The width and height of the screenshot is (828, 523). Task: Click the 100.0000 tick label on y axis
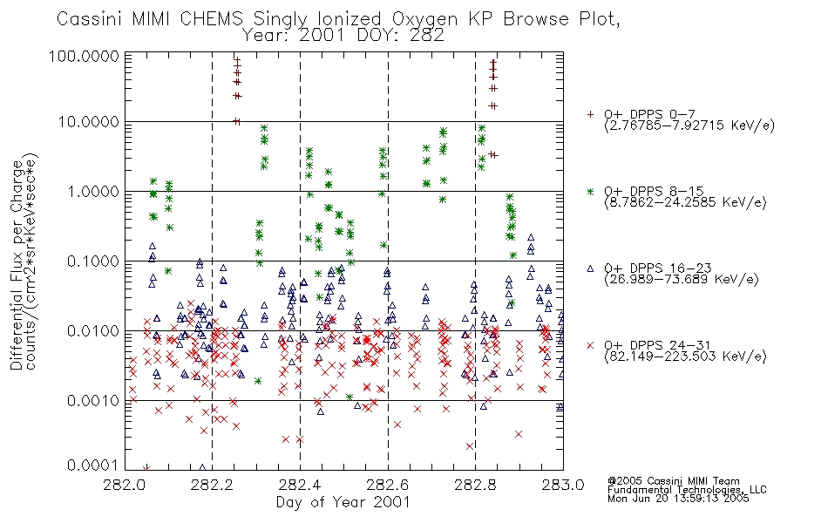(84, 56)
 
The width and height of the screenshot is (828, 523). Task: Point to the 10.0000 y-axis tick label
(89, 122)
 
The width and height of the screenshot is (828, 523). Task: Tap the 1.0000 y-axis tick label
(93, 192)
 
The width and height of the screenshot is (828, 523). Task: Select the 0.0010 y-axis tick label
(93, 401)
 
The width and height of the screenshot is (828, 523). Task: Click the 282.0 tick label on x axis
(125, 485)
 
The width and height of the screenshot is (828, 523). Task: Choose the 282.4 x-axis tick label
(301, 485)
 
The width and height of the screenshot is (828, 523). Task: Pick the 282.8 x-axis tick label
(476, 485)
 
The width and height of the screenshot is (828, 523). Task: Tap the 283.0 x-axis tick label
(563, 485)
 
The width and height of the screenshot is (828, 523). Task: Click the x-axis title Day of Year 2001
(343, 502)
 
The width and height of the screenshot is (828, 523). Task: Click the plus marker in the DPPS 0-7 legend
(590, 114)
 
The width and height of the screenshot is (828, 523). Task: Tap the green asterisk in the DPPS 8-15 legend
(590, 191)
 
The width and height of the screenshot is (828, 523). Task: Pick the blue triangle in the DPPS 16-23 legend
(590, 268)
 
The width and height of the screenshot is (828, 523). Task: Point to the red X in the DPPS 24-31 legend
(590, 345)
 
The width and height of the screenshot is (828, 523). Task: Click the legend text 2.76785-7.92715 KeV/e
(689, 126)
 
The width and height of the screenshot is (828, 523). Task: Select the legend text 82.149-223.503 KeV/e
(685, 357)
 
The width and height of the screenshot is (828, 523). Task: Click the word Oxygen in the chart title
(425, 19)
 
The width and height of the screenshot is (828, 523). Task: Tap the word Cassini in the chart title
(89, 19)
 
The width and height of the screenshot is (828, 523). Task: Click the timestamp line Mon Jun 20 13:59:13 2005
(678, 499)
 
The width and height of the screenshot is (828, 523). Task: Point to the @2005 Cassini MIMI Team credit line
(673, 481)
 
